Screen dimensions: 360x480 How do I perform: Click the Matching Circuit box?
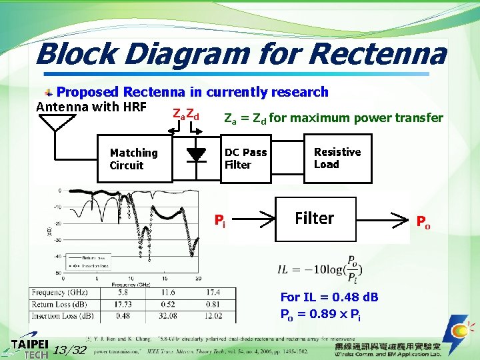[134, 159]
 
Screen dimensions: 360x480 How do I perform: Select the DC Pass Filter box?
[245, 159]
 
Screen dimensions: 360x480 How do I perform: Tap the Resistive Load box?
[337, 159]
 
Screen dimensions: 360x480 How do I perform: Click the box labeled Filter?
[314, 218]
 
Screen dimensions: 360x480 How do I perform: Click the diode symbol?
[196, 153]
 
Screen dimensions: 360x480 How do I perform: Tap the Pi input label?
[219, 220]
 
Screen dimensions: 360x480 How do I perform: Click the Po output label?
[423, 221]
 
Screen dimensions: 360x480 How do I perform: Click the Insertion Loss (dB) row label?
[62, 316]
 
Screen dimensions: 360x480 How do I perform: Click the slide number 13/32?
[69, 350]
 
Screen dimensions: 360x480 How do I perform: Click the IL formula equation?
[321, 269]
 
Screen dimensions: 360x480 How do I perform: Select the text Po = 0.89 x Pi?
[320, 315]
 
